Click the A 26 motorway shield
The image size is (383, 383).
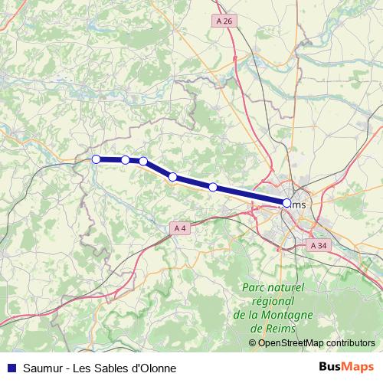click(x=224, y=21)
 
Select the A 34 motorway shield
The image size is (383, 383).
click(x=319, y=245)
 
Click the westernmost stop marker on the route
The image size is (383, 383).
click(x=97, y=159)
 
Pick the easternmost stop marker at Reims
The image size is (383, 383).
click(x=287, y=203)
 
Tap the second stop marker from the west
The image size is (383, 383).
click(x=125, y=160)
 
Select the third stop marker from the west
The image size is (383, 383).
click(x=143, y=161)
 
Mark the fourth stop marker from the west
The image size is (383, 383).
click(x=173, y=177)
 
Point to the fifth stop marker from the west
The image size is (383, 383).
click(x=213, y=187)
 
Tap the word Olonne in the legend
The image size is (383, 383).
click(x=157, y=368)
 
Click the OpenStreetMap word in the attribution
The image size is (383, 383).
click(x=292, y=342)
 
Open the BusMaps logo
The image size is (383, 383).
click(x=346, y=367)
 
